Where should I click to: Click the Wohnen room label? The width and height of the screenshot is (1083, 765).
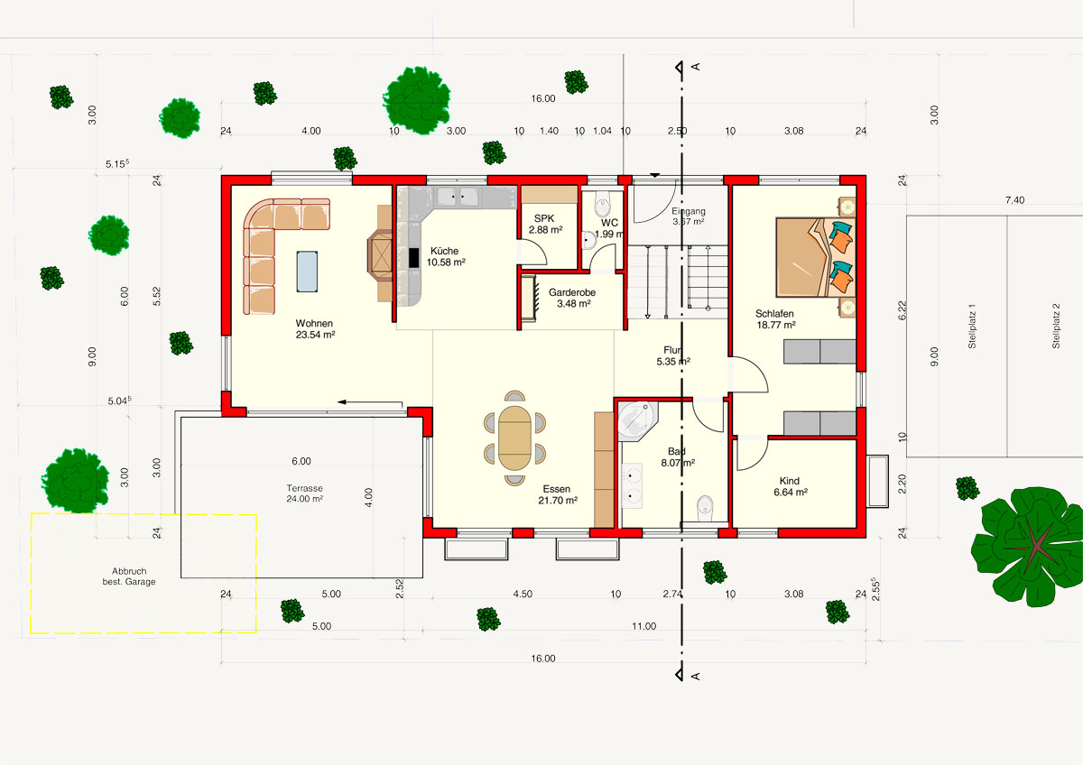click(315, 328)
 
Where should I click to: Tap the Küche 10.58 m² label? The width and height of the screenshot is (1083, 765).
click(447, 257)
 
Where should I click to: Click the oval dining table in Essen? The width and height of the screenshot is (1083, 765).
click(515, 438)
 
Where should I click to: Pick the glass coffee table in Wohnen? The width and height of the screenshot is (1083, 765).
click(308, 271)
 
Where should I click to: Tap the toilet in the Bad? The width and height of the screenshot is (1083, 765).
click(706, 508)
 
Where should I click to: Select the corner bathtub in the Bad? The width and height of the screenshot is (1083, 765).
click(638, 420)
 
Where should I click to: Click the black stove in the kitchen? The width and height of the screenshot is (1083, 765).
click(414, 257)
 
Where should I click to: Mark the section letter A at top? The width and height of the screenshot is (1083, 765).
click(696, 68)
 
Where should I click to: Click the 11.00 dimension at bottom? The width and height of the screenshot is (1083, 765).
click(643, 625)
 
